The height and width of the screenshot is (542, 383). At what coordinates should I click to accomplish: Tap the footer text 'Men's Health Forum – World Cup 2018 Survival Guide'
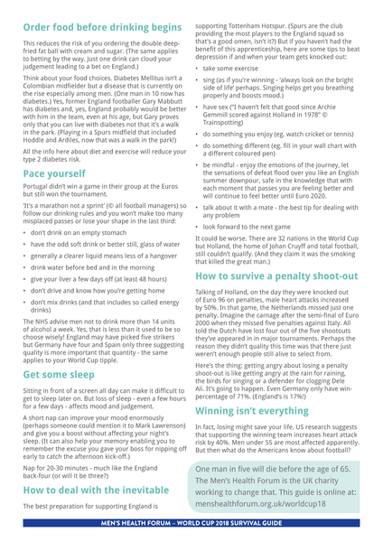191,532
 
